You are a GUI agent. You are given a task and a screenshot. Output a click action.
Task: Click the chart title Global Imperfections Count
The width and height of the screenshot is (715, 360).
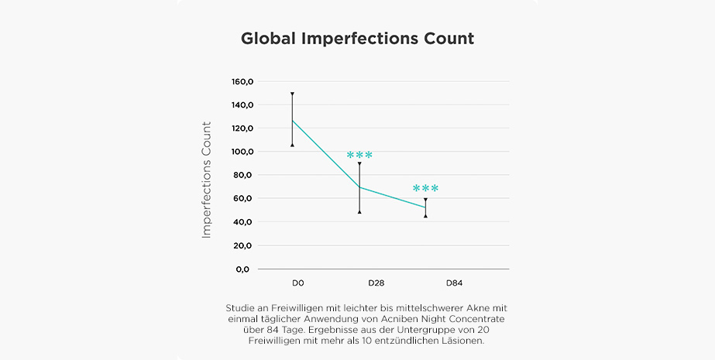[x=357, y=39]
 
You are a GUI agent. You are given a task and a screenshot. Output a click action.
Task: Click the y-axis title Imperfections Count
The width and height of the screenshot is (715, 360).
[x=207, y=179]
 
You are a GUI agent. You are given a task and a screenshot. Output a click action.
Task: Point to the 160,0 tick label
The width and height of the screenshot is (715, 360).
[x=243, y=81]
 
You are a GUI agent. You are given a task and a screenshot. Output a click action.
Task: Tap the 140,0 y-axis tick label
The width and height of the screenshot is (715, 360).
[x=243, y=105]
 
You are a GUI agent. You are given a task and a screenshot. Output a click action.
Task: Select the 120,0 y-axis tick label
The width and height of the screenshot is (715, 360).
[x=243, y=129]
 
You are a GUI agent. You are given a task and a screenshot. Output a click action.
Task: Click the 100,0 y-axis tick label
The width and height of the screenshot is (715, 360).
[x=243, y=152]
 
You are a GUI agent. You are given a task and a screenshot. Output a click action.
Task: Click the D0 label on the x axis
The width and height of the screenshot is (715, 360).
[x=298, y=283]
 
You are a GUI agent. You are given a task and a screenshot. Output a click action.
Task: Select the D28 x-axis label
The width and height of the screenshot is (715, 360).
[x=376, y=283]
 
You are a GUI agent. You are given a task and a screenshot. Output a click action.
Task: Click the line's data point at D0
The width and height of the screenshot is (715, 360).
[x=292, y=120]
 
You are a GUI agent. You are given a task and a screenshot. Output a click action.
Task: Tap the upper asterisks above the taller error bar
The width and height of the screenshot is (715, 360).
[x=359, y=156]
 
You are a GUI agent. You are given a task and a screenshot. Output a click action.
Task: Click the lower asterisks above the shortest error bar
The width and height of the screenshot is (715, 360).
[x=425, y=189]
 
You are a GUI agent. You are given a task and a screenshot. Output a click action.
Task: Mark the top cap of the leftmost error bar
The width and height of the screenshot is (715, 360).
[x=292, y=94]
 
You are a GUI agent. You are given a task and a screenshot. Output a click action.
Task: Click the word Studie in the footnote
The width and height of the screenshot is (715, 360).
[x=240, y=307]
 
